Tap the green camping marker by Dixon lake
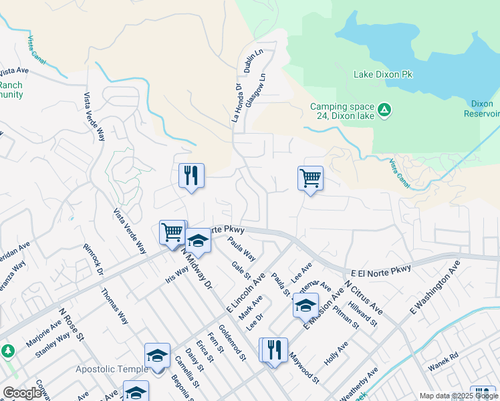[x=384, y=109]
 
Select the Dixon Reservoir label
[x=481, y=108]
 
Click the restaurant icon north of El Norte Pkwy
[x=191, y=176]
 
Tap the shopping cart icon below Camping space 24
[x=310, y=178]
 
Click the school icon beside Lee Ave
[x=305, y=306]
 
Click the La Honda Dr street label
[x=236, y=102]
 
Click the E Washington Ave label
[x=435, y=287]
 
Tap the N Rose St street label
[x=70, y=325]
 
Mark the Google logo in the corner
[x=22, y=393]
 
